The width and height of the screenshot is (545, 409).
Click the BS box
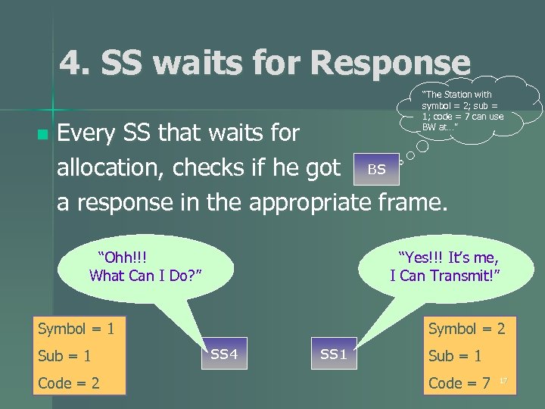tap(376, 169)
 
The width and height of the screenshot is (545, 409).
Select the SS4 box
tap(224, 354)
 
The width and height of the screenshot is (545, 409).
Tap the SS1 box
tap(334, 354)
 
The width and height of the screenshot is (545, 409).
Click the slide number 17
tap(503, 380)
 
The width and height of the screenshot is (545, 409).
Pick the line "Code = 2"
tap(69, 383)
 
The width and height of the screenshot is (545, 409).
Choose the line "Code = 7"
tap(459, 383)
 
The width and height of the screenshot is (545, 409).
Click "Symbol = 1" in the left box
tap(76, 329)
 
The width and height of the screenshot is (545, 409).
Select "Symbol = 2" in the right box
tap(466, 329)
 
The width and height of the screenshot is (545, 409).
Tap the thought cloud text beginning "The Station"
tap(462, 111)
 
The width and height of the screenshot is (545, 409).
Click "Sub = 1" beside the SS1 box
tap(454, 356)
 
